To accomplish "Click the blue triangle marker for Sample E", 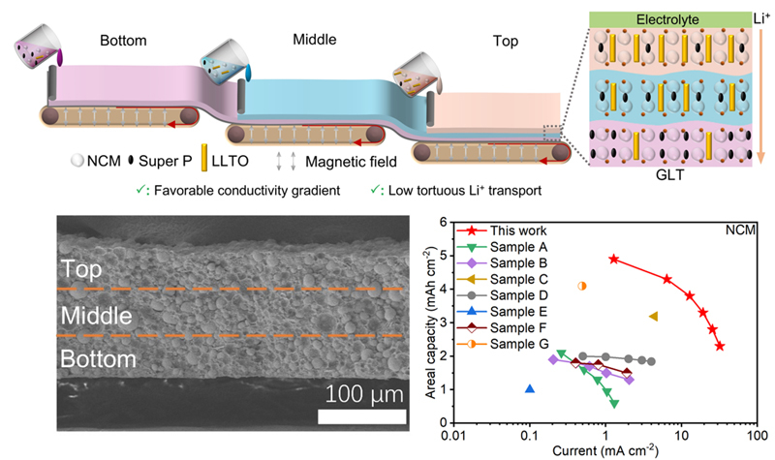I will (530, 389).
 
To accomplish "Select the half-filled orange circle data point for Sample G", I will (582, 286).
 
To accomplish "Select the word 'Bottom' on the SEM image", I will (97, 358).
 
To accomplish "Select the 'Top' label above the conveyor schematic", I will (505, 41).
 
